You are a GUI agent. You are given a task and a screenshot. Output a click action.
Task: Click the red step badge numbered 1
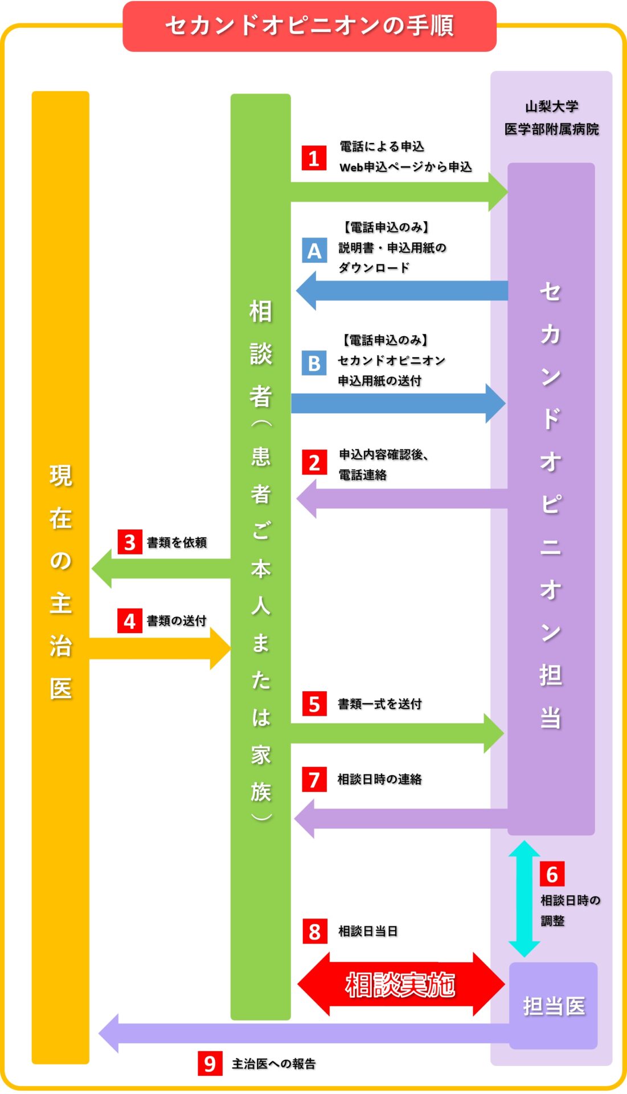point(314,158)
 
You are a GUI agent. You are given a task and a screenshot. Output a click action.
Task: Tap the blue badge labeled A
point(314,251)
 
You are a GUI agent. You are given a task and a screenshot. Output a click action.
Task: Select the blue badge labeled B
point(314,364)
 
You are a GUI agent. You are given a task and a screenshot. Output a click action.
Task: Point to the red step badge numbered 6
point(552,874)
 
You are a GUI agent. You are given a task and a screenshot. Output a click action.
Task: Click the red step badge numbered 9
point(210,1063)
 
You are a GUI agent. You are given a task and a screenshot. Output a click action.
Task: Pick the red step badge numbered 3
point(130,542)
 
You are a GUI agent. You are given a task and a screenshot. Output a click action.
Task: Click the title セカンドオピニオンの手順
point(310,26)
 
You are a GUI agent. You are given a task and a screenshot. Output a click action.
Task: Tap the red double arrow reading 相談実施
point(401,985)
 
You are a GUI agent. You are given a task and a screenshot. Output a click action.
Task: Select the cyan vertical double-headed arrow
point(524,899)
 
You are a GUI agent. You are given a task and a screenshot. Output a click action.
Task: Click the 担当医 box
point(553,1006)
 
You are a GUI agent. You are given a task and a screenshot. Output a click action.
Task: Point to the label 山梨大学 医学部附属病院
point(551,117)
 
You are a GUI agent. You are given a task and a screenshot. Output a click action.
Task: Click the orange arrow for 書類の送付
point(160,649)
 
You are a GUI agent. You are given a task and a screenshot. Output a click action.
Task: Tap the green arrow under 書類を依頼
point(161,569)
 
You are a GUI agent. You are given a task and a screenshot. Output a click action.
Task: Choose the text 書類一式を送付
point(380,704)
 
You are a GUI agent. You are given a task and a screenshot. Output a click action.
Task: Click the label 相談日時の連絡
point(380,779)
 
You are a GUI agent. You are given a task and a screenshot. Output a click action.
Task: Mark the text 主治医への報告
point(274,1064)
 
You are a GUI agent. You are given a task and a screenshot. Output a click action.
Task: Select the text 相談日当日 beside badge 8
point(368,931)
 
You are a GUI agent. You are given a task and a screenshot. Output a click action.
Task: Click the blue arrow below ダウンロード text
point(401,291)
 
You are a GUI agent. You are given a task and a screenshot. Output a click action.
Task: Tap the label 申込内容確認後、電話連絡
point(383,464)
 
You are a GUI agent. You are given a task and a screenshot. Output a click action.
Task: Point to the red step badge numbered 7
point(314,779)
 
